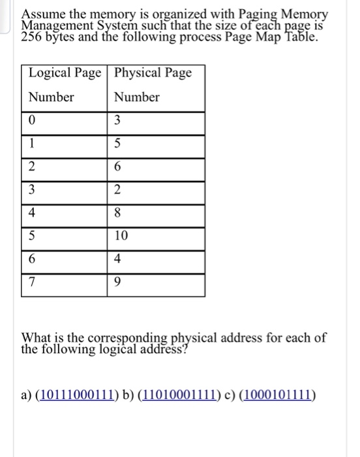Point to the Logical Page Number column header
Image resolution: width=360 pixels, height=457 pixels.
64,84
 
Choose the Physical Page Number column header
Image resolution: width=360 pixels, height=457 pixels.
153,84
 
